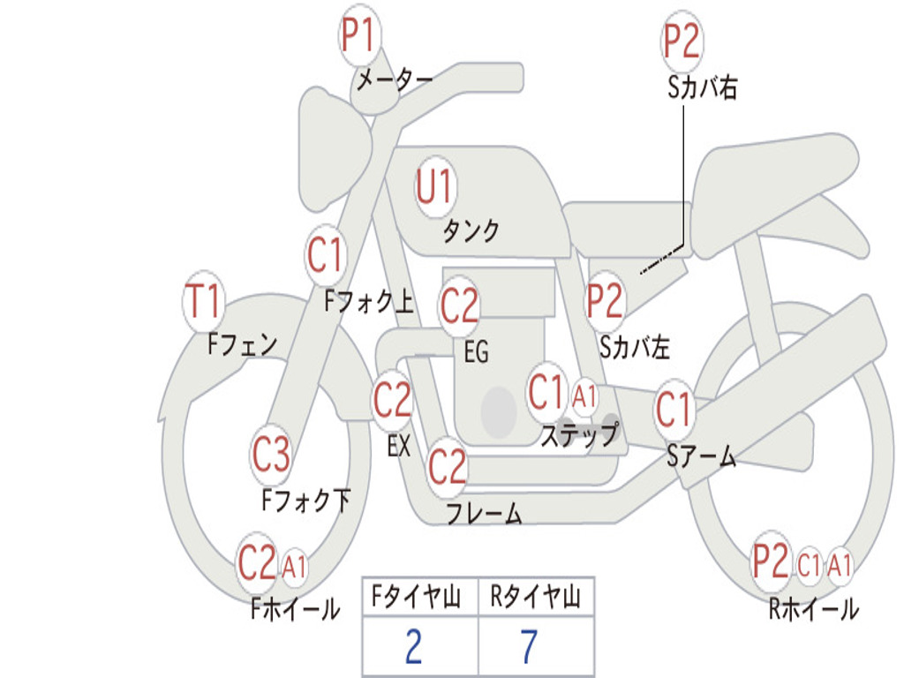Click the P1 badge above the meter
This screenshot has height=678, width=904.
tap(360, 35)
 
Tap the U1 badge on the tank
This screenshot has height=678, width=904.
tap(436, 187)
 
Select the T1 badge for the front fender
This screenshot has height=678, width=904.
tap(204, 301)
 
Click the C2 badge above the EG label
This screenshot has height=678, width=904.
tap(459, 305)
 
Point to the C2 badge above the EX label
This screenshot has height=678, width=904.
tap(393, 400)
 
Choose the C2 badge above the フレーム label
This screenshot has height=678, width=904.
tap(448, 466)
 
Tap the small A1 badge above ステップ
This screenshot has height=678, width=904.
tap(584, 396)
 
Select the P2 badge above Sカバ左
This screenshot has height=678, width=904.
tap(606, 301)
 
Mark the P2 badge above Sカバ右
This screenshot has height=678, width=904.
tap(682, 41)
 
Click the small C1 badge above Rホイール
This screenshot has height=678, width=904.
tap(809, 564)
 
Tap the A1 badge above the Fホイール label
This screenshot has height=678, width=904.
tap(294, 566)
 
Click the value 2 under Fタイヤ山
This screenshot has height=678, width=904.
tap(414, 646)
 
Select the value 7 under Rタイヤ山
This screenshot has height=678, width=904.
tap(529, 646)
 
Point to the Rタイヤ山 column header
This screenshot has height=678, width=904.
tap(536, 597)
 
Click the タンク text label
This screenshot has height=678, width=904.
tap(471, 231)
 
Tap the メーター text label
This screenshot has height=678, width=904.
tap(395, 79)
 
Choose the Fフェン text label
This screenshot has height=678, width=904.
tap(242, 344)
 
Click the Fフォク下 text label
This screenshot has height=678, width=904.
tap(306, 500)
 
